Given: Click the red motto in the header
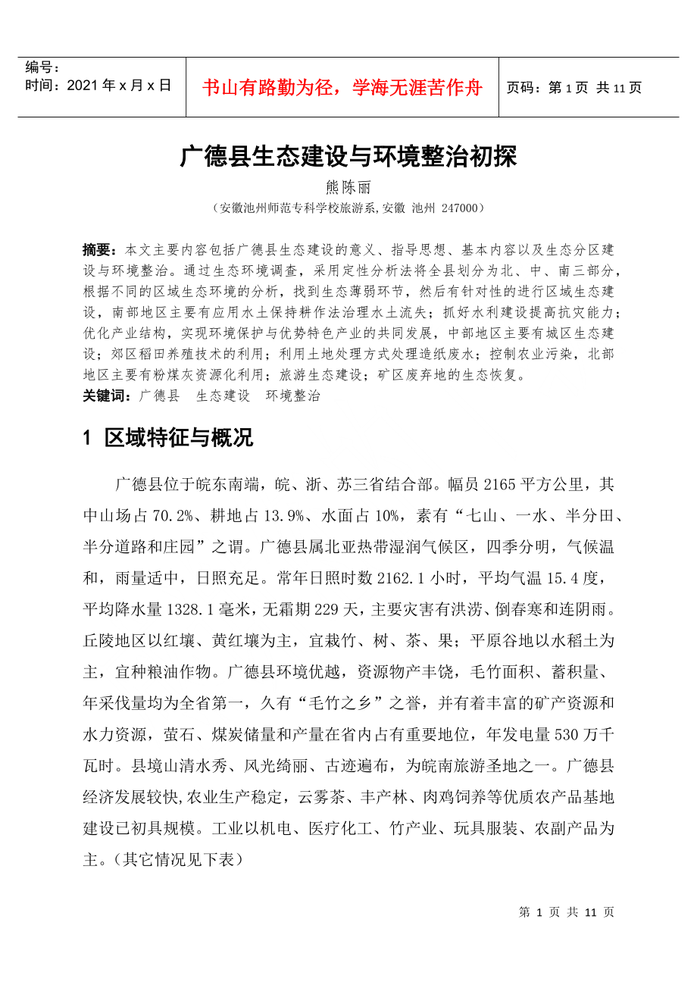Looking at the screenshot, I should [x=342, y=88].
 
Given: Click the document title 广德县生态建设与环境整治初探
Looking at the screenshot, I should [x=348, y=157].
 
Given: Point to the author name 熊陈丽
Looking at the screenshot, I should [x=348, y=187].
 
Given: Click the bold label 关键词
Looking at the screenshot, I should [x=106, y=396].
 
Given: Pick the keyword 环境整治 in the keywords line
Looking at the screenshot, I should [x=292, y=396].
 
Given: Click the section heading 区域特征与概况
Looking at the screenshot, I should [x=179, y=438].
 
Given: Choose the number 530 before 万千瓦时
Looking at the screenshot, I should [x=568, y=733].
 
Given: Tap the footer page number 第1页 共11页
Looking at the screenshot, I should [x=567, y=912].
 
